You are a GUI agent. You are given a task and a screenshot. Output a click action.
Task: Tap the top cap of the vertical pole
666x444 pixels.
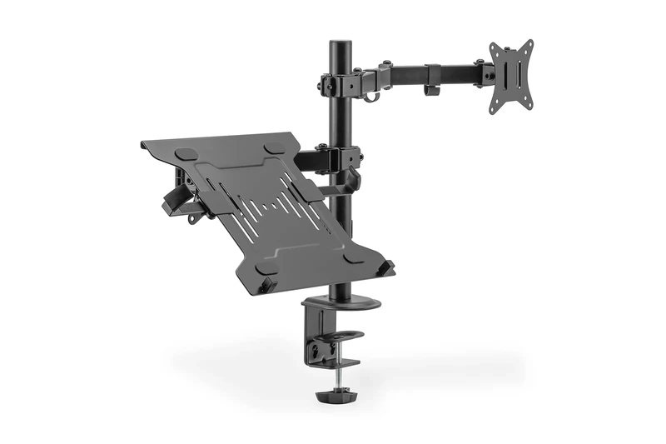tap(340, 44)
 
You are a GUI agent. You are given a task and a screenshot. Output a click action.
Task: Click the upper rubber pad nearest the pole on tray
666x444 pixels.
tap(271, 148)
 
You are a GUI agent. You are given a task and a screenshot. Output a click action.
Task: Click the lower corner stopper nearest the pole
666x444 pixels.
tap(385, 267)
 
